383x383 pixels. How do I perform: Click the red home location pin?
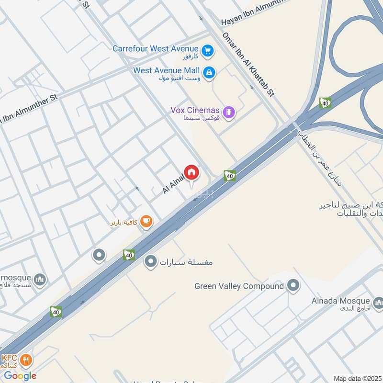click(191, 172)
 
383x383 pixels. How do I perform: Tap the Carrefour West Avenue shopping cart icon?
click(207, 49)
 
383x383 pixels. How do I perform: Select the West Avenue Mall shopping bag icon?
click(209, 73)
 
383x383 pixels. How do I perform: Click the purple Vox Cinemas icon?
click(230, 112)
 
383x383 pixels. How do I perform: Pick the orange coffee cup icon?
click(146, 222)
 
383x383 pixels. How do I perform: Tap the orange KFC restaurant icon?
click(27, 360)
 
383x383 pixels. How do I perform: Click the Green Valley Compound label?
click(239, 286)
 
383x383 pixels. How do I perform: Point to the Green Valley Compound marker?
click(293, 286)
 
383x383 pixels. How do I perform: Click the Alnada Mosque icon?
click(378, 302)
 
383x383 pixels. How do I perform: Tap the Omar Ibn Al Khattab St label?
click(248, 65)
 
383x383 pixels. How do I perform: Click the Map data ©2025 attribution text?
click(357, 378)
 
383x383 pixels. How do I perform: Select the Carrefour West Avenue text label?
click(155, 48)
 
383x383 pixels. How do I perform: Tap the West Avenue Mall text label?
click(166, 70)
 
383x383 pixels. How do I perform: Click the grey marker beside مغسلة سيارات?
click(151, 261)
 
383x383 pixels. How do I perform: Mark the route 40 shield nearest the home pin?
click(230, 176)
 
